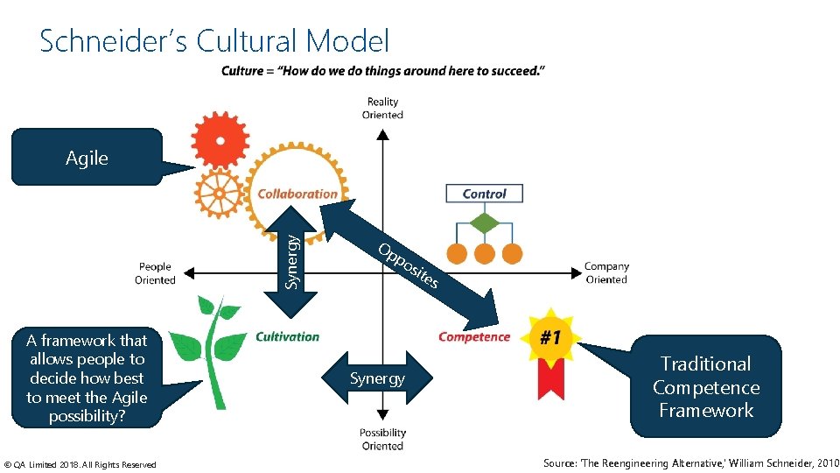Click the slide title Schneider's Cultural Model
point(214,41)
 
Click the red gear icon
point(220,138)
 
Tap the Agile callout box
point(87,158)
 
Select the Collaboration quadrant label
point(297,194)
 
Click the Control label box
point(484,194)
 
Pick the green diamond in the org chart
point(484,223)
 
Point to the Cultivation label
point(288,336)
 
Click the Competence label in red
point(474,337)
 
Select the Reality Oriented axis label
point(382,109)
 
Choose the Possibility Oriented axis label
point(382,439)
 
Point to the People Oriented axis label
point(155,273)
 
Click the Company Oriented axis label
point(606,272)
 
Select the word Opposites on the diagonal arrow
point(408,265)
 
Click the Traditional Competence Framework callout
point(705,387)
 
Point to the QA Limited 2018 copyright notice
point(80,464)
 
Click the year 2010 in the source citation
point(825,463)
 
